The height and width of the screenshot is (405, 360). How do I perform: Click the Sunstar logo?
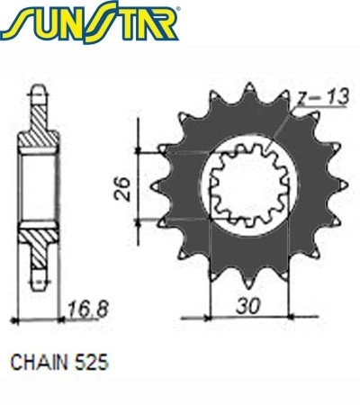[x=89, y=22]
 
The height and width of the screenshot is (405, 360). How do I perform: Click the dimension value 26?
[x=122, y=189]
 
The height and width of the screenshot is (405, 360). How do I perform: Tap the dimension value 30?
[x=247, y=306]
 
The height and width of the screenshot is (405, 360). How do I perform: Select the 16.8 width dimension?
[x=87, y=309]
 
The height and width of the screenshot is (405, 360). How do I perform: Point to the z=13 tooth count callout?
[x=322, y=97]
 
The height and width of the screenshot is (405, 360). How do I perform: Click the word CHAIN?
[x=40, y=363]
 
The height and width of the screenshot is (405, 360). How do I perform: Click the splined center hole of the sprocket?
[x=249, y=184]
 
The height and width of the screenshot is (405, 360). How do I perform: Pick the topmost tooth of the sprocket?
[x=249, y=89]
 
